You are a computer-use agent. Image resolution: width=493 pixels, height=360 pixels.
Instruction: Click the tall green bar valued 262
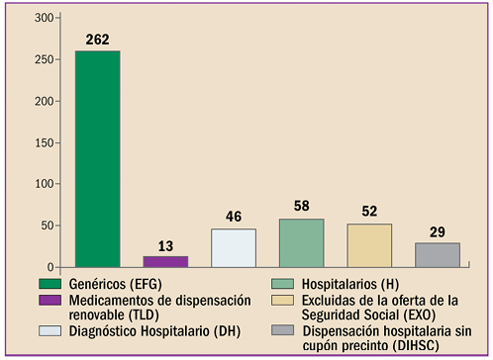98,159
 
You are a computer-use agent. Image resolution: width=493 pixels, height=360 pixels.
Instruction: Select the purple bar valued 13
165,261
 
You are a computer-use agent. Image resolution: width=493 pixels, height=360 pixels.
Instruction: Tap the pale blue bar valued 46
234,247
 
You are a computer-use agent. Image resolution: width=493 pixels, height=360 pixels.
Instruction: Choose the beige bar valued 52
369,245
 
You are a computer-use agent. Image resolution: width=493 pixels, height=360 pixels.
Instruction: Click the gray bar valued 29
437,254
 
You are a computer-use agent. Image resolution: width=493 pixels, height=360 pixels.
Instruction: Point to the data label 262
98,41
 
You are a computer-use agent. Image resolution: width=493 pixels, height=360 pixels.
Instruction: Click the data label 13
165,245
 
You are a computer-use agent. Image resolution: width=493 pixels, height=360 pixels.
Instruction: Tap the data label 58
301,208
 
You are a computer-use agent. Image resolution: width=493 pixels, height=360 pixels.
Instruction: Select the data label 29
437,232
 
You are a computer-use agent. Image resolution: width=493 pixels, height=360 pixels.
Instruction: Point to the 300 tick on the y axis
45,19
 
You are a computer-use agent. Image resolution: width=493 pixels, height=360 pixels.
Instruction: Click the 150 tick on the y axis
45,143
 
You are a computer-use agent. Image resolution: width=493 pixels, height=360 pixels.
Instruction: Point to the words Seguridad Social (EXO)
373,315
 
